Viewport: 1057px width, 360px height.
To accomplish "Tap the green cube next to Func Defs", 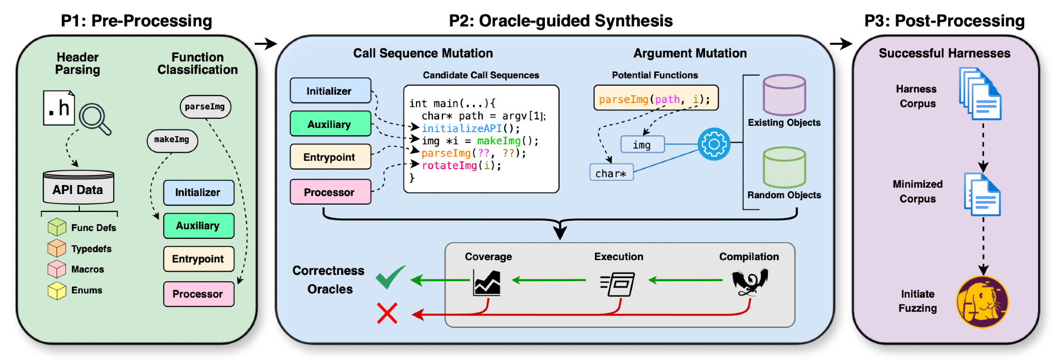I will (57, 227).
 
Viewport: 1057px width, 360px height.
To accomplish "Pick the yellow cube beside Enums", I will (57, 290).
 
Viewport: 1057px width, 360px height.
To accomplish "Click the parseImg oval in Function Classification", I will (205, 107).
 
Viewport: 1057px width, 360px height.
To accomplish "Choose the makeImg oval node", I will (172, 140).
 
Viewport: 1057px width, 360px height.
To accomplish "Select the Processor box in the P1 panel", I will (198, 294).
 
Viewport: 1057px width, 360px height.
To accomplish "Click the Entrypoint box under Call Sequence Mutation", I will (330, 157).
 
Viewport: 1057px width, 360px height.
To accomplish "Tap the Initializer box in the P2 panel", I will (330, 91).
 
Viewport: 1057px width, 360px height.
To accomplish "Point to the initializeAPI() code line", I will (470, 128).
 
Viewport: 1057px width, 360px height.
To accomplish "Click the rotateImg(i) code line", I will (461, 165).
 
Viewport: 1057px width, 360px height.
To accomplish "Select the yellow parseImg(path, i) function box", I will (655, 99).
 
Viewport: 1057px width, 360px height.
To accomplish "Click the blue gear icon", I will (714, 144).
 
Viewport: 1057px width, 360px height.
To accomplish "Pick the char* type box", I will (611, 173).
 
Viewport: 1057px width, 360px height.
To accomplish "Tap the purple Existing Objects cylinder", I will (784, 95).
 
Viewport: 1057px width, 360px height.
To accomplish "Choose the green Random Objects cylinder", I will (784, 168).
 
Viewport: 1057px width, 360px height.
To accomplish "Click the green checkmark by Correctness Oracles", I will (390, 277).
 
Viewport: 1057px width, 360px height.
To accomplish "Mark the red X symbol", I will (387, 313).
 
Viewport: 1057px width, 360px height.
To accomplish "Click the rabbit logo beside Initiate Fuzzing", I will (982, 302).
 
